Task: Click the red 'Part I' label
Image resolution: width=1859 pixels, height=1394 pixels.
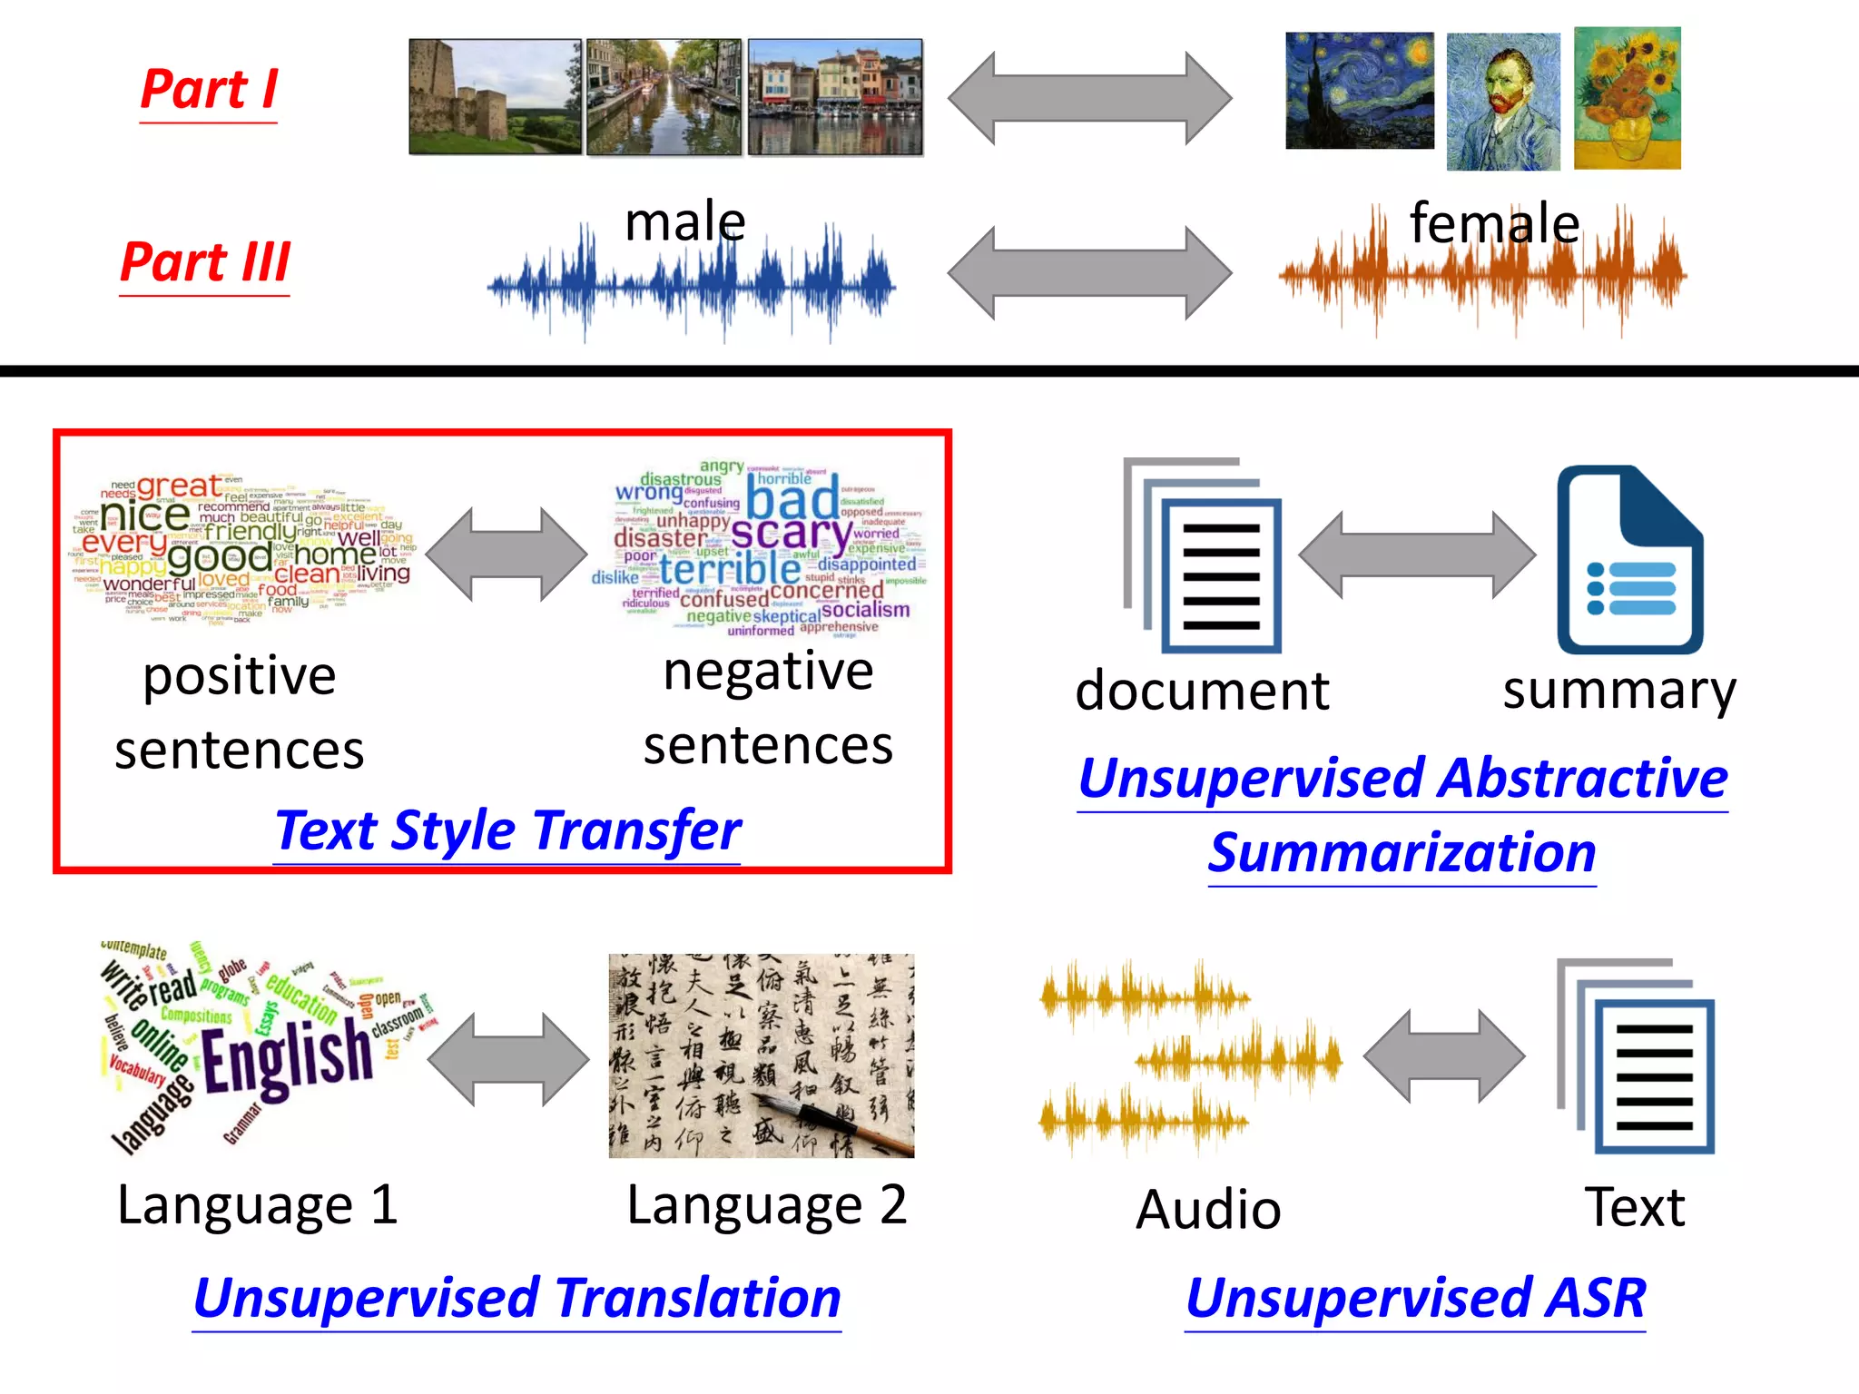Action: pyautogui.click(x=209, y=91)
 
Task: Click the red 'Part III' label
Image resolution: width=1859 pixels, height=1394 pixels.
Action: pyautogui.click(x=205, y=263)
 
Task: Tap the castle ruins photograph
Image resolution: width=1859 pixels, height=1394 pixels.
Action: pyautogui.click(x=495, y=97)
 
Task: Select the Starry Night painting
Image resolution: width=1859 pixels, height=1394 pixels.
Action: pyautogui.click(x=1359, y=91)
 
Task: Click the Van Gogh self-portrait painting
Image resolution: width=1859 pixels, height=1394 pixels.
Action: pyautogui.click(x=1503, y=102)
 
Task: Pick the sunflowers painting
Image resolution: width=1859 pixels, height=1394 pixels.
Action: pyautogui.click(x=1627, y=98)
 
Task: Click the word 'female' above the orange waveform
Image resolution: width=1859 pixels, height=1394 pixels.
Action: pyautogui.click(x=1494, y=223)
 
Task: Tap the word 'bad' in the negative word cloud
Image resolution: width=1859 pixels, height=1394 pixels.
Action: pyautogui.click(x=792, y=499)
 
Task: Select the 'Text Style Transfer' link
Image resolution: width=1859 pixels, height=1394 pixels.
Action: pyautogui.click(x=507, y=830)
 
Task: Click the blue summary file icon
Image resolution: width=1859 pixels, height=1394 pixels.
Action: pyautogui.click(x=1629, y=560)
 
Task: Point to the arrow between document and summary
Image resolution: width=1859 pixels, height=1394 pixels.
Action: pyautogui.click(x=1416, y=555)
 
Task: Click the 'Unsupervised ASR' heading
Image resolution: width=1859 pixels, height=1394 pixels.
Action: pyautogui.click(x=1415, y=1298)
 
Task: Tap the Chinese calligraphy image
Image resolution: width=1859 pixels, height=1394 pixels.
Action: pyautogui.click(x=761, y=1055)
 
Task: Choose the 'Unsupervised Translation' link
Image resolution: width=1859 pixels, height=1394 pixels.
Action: pyautogui.click(x=517, y=1298)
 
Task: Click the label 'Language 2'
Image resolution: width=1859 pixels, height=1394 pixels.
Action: pyautogui.click(x=766, y=1205)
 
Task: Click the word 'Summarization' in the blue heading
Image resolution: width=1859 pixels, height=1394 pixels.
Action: pyautogui.click(x=1402, y=853)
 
